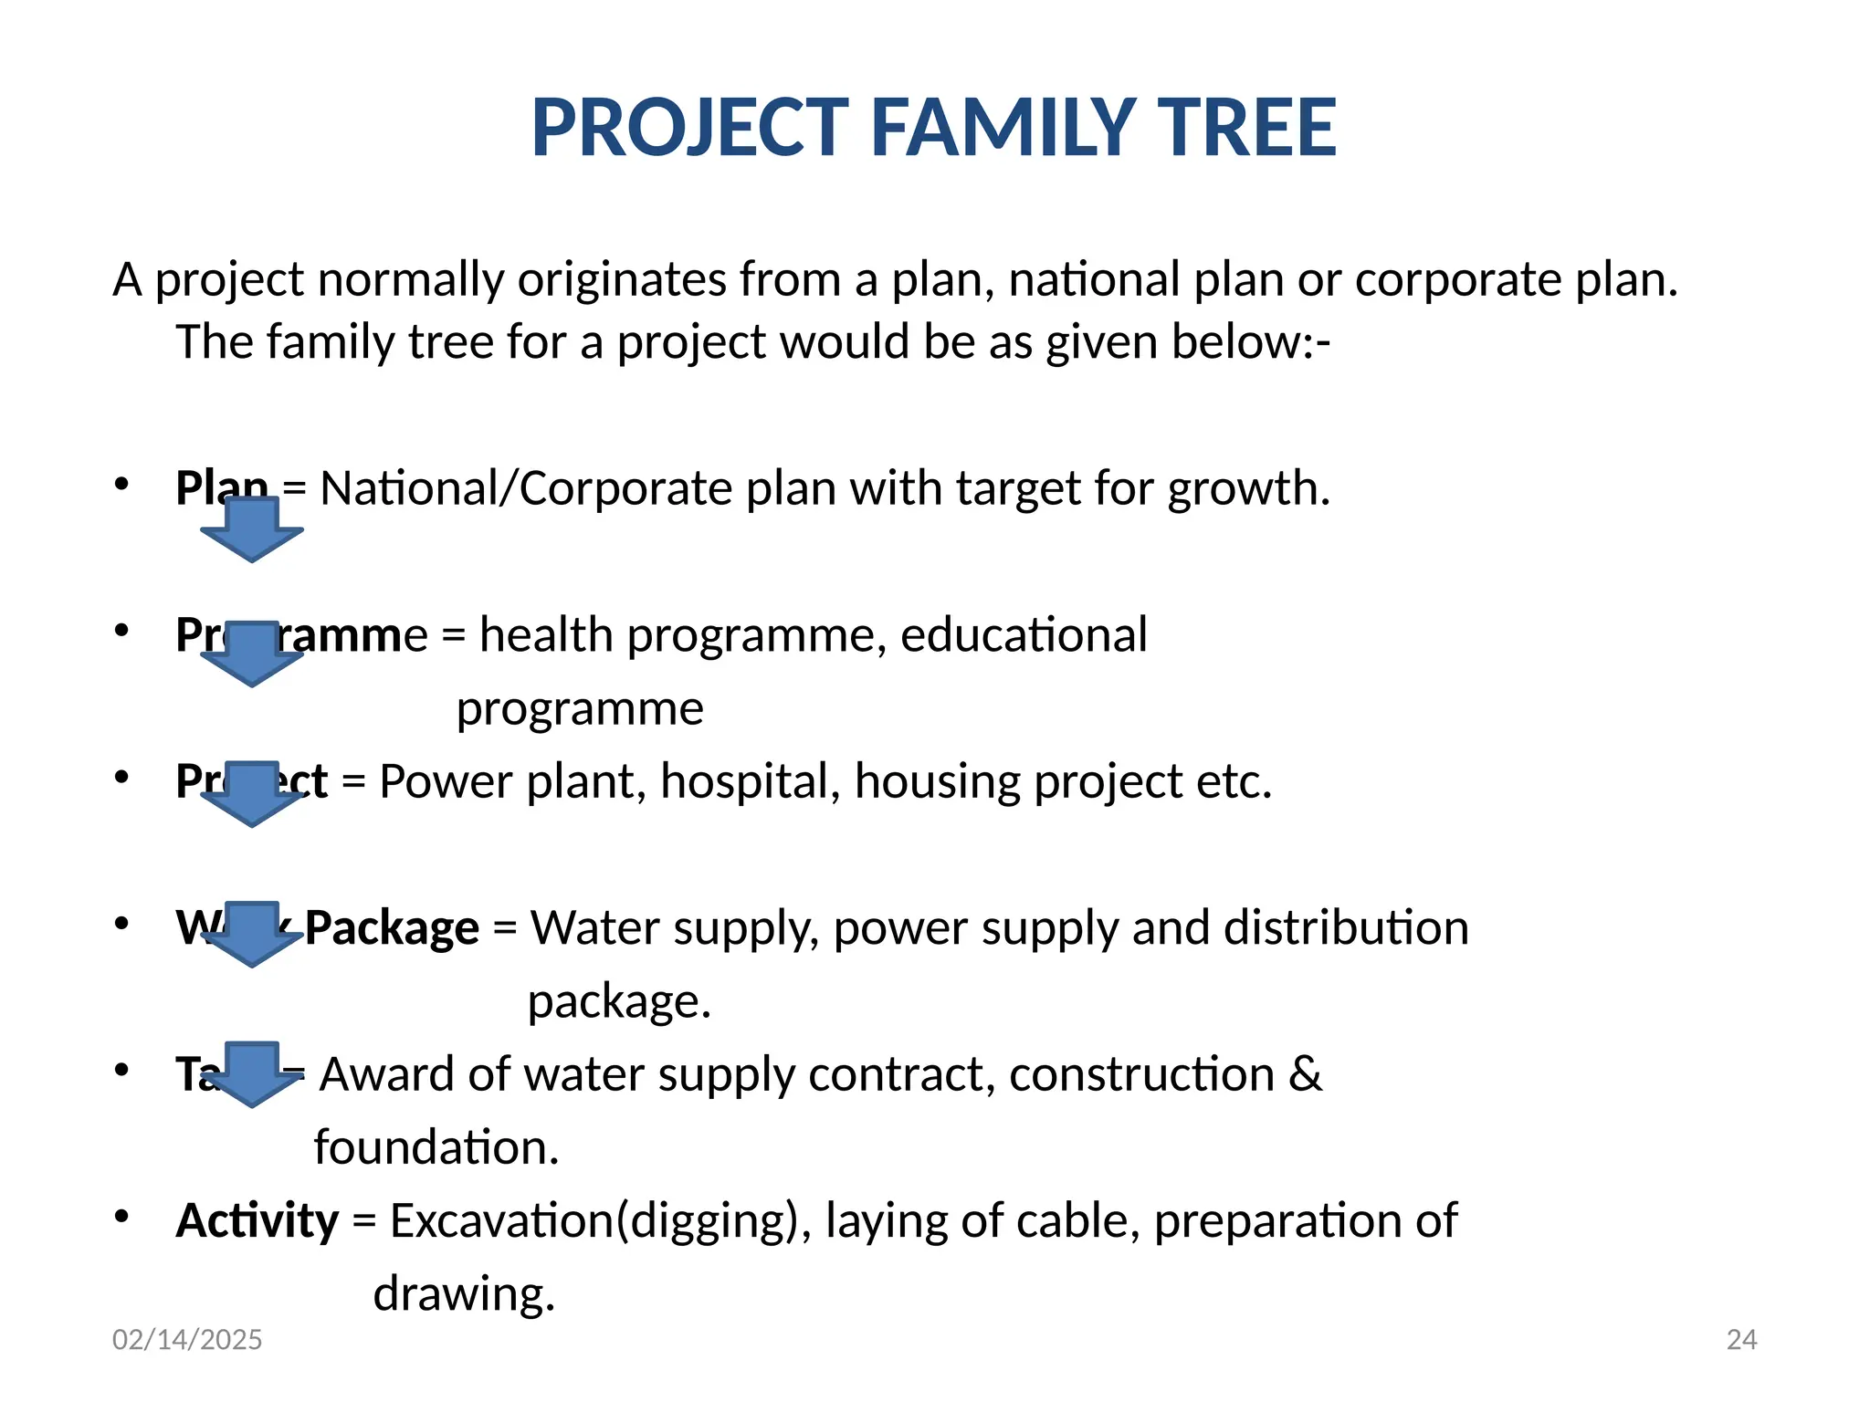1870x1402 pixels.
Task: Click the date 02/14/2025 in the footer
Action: click(x=187, y=1339)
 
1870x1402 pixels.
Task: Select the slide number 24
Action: click(x=1741, y=1339)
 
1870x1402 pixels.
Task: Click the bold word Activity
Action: click(x=257, y=1221)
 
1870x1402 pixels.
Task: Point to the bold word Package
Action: click(x=392, y=928)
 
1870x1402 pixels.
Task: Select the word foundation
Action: click(x=436, y=1147)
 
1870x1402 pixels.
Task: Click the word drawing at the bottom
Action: click(x=463, y=1294)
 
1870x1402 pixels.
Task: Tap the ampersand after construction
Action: click(x=1305, y=1074)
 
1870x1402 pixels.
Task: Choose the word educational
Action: click(x=1023, y=635)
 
